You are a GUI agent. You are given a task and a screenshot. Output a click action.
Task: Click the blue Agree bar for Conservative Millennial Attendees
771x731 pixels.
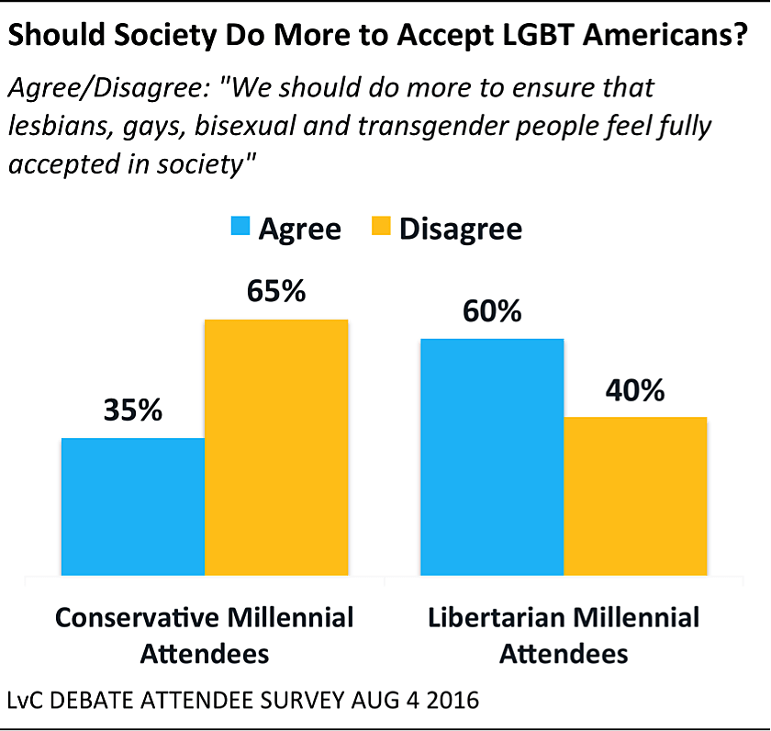point(133,507)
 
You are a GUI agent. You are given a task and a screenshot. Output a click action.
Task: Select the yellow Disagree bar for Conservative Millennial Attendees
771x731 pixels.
point(276,447)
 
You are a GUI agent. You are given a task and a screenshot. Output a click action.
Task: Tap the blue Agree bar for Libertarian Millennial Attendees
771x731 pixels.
point(492,456)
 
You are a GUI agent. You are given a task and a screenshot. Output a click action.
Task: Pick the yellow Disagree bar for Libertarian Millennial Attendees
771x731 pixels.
point(635,496)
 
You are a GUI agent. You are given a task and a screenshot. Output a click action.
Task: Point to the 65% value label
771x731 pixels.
point(275,291)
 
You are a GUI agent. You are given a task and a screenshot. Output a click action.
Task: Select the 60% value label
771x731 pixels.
point(492,311)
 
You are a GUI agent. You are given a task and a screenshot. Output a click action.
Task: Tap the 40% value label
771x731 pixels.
point(634,390)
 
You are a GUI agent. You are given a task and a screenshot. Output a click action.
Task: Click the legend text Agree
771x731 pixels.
point(299,228)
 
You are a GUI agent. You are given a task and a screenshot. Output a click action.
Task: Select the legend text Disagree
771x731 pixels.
point(461,228)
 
